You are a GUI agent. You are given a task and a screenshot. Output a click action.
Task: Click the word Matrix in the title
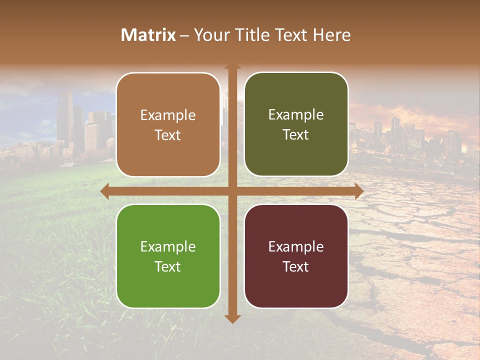point(148,35)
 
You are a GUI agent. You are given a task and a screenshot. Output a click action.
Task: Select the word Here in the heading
point(331,35)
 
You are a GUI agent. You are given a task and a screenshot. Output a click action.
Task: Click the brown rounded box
point(168,125)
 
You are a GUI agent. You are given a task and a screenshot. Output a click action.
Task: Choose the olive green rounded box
point(296,124)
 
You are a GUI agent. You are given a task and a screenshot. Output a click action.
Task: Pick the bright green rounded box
point(168,256)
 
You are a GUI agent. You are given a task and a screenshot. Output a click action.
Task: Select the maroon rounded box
point(296,256)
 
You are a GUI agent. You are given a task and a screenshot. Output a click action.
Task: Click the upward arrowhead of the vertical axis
point(232,67)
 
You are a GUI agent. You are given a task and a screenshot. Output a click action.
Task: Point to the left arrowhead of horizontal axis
point(105,191)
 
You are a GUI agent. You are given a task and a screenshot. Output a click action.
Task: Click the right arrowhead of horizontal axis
point(358,191)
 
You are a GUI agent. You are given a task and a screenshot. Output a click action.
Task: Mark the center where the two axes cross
point(232,191)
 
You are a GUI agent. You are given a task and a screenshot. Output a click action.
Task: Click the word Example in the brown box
point(168,115)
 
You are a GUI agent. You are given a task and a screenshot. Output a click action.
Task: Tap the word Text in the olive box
point(296,134)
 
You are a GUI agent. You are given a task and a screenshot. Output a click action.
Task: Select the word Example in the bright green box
point(168,246)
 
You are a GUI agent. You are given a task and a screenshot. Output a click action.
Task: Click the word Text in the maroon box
point(296,266)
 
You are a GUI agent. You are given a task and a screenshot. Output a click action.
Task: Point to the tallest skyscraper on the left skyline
point(65,117)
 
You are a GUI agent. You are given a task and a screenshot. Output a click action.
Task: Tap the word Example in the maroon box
point(296,246)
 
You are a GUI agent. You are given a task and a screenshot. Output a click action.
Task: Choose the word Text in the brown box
point(168,135)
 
